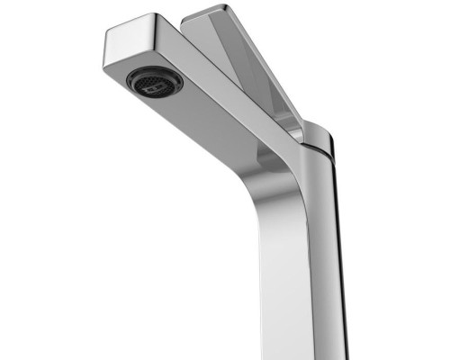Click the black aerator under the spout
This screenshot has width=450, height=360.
(x=154, y=81)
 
